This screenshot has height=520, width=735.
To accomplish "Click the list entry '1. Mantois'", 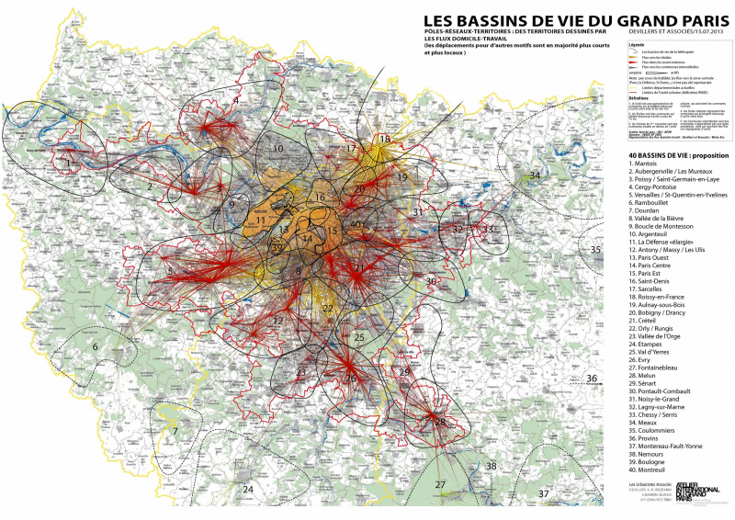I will pyautogui.click(x=646, y=164).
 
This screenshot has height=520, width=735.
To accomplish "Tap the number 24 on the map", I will pyautogui.click(x=247, y=490).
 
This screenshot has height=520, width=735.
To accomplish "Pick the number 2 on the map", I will pyautogui.click(x=149, y=186).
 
